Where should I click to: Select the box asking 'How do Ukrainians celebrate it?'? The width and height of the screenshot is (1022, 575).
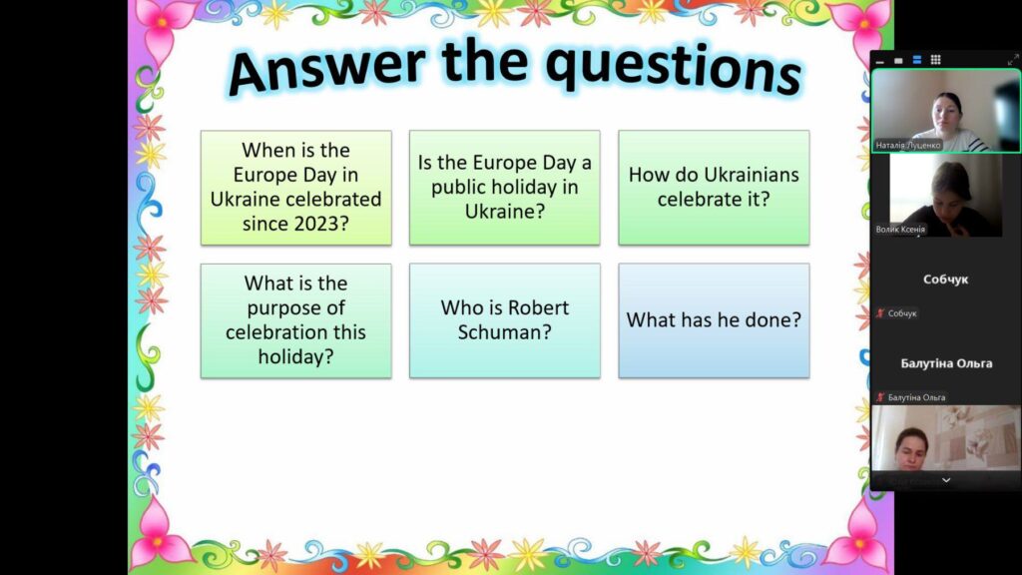714,188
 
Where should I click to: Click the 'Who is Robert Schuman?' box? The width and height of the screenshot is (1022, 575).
504,320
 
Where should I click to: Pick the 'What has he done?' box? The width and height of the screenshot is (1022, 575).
714,320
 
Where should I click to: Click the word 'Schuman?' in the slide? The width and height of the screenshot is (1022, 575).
504,332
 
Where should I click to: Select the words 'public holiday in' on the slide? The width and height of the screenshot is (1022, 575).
504,187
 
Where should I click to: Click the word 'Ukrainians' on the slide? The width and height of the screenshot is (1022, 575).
749,175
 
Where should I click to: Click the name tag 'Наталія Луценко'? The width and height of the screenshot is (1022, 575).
908,146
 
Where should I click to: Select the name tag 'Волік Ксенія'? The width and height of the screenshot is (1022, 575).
900,230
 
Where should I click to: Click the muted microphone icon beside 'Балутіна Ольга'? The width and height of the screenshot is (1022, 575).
880,397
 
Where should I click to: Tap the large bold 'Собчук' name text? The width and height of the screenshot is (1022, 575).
946,280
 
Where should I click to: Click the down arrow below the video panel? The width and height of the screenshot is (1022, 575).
946,480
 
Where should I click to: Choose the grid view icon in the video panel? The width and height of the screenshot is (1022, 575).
935,60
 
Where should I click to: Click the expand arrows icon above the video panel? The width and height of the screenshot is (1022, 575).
1013,60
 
